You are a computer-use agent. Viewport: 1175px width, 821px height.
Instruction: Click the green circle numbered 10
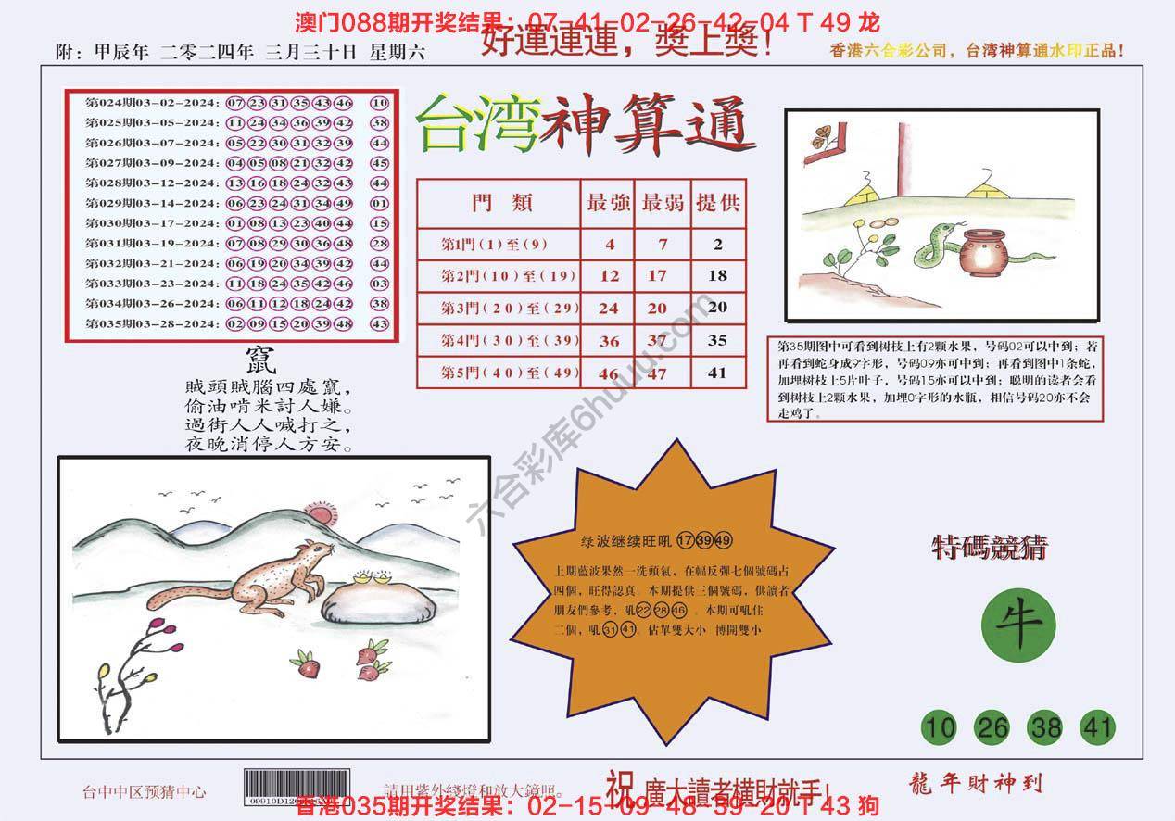pyautogui.click(x=940, y=728)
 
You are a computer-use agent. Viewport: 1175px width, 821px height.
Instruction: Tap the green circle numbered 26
pyautogui.click(x=992, y=728)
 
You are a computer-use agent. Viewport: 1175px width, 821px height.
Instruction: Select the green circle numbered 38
pyautogui.click(x=1046, y=728)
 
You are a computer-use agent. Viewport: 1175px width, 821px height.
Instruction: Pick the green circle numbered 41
pyautogui.click(x=1098, y=728)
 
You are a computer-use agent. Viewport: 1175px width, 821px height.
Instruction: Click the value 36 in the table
pyautogui.click(x=609, y=341)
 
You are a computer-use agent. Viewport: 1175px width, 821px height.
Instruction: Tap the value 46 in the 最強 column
pyautogui.click(x=609, y=374)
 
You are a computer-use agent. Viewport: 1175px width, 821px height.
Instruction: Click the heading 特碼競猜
pyautogui.click(x=989, y=549)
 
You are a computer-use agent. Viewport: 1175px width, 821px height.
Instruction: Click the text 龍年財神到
pyautogui.click(x=970, y=783)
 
